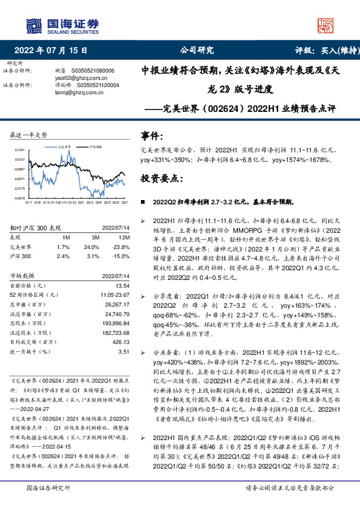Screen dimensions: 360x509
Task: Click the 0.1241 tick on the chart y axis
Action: [x=19, y=149]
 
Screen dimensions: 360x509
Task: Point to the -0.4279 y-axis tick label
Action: [x=19, y=198]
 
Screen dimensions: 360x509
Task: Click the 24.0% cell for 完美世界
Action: [x=91, y=247]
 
